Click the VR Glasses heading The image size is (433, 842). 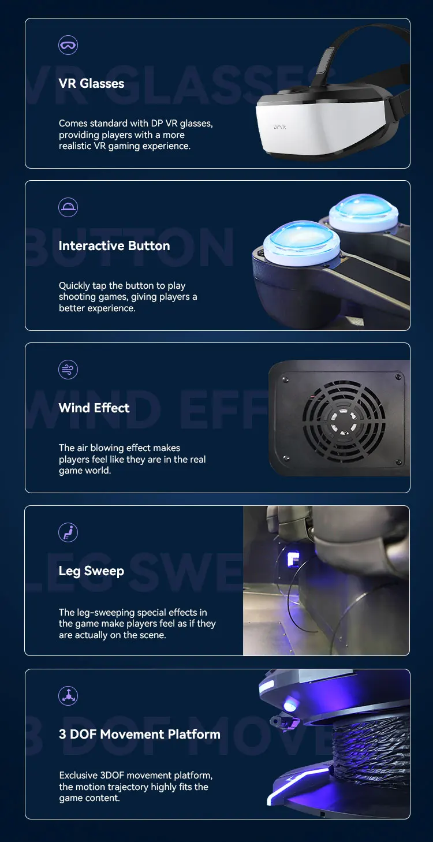91,84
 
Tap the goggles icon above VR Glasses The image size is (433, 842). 68,45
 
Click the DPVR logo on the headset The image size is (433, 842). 281,126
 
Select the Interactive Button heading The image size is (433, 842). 114,246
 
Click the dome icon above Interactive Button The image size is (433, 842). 68,207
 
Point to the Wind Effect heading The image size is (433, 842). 94,408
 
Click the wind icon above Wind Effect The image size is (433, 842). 68,370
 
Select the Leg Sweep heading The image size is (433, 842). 91,571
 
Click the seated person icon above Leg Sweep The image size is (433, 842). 68,532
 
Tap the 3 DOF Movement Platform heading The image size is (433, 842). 139,735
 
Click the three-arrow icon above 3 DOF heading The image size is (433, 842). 68,695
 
